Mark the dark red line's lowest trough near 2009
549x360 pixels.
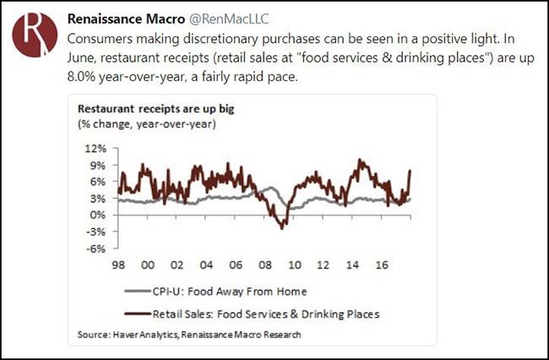[284, 226]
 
